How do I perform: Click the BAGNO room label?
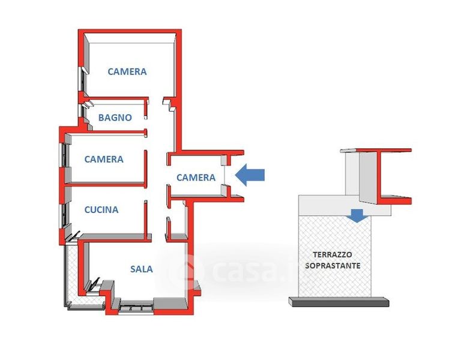coord(115,118)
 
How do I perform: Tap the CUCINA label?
coord(101,210)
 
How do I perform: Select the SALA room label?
coord(142,269)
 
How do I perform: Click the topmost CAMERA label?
coord(127,71)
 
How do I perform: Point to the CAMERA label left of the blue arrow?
coord(196,178)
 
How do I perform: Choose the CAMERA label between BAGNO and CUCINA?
coord(104,160)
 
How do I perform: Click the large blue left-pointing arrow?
coord(249,175)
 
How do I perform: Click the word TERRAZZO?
coord(333,254)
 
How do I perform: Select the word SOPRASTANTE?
coord(333,265)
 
